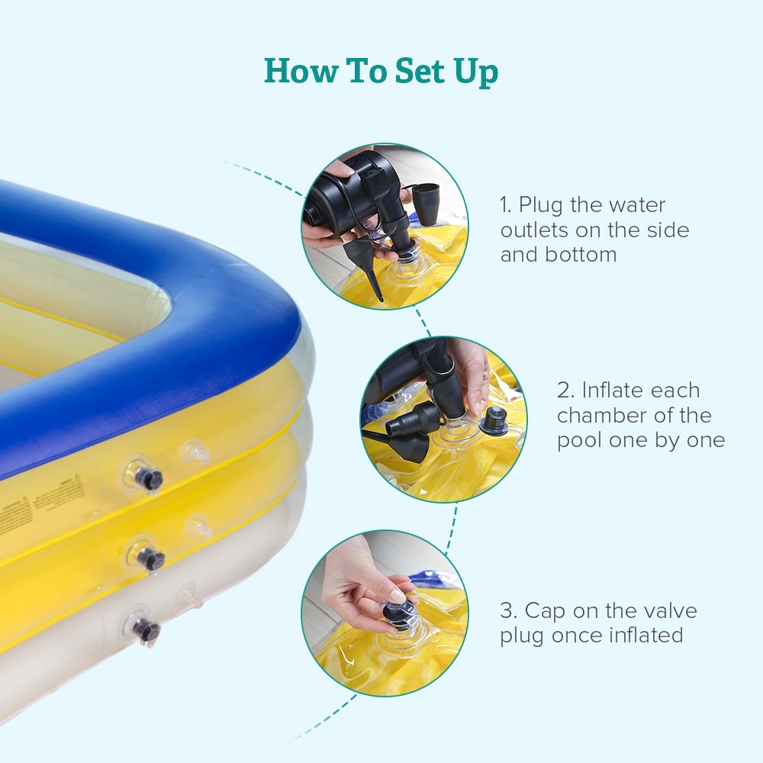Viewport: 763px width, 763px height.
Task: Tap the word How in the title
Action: click(x=299, y=71)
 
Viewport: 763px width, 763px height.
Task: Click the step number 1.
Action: click(x=505, y=205)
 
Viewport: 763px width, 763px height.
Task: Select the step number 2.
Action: click(x=564, y=391)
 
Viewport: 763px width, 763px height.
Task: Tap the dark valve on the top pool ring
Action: click(x=147, y=479)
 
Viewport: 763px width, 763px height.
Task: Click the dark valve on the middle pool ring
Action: click(x=150, y=559)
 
